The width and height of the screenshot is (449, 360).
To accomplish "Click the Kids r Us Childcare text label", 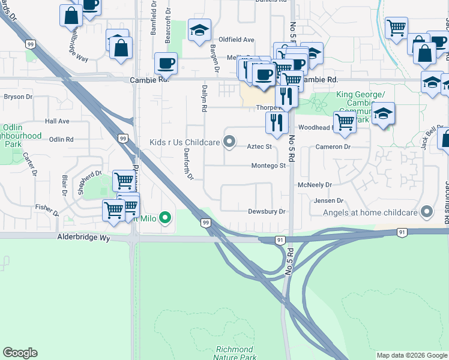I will click(x=185, y=142).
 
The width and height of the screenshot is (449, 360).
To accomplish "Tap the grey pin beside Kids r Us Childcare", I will click(x=229, y=142).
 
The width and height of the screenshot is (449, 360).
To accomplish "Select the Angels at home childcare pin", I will click(x=427, y=211).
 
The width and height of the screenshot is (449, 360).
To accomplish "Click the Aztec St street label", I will click(x=260, y=146).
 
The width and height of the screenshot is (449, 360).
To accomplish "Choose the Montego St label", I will click(x=268, y=166).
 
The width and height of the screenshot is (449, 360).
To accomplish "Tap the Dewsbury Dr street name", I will click(x=267, y=212).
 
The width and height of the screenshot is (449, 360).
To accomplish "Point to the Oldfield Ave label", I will click(x=237, y=40).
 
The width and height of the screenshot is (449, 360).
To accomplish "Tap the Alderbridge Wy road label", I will click(x=84, y=238).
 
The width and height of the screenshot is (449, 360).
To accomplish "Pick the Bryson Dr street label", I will click(x=18, y=97).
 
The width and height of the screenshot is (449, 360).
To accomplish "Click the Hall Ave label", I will click(x=57, y=121).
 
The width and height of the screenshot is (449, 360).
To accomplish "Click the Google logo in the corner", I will click(x=20, y=353).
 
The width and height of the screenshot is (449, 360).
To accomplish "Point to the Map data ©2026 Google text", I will click(x=411, y=355).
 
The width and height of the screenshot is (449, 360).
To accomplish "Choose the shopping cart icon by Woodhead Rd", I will click(x=344, y=121).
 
